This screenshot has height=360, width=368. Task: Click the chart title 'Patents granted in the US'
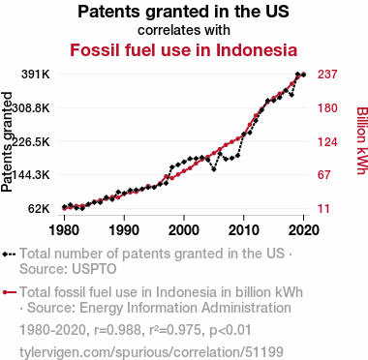click(x=183, y=12)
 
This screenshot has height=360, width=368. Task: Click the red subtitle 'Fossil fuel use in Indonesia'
click(x=183, y=50)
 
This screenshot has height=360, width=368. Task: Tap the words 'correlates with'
click(x=184, y=30)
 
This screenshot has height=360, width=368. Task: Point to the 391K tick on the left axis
click(x=36, y=75)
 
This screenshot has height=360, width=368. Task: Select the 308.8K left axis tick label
click(x=31, y=108)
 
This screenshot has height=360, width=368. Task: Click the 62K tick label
click(x=39, y=209)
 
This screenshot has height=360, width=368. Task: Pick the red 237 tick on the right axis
click(x=327, y=75)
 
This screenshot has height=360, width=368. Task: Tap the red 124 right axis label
click(x=327, y=141)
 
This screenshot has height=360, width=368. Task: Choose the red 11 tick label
click(x=323, y=209)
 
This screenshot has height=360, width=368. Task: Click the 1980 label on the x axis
click(x=64, y=230)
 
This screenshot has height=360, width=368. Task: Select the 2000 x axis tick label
click(x=184, y=230)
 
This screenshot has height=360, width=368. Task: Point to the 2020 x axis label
click(x=303, y=230)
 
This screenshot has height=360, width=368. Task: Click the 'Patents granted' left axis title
click(x=7, y=142)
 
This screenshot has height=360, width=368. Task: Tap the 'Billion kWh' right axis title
click(x=362, y=140)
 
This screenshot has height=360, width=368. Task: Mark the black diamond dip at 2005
click(x=214, y=169)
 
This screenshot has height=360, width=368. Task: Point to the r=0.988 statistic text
click(x=117, y=330)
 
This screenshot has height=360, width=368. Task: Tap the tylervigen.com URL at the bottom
click(x=151, y=352)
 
